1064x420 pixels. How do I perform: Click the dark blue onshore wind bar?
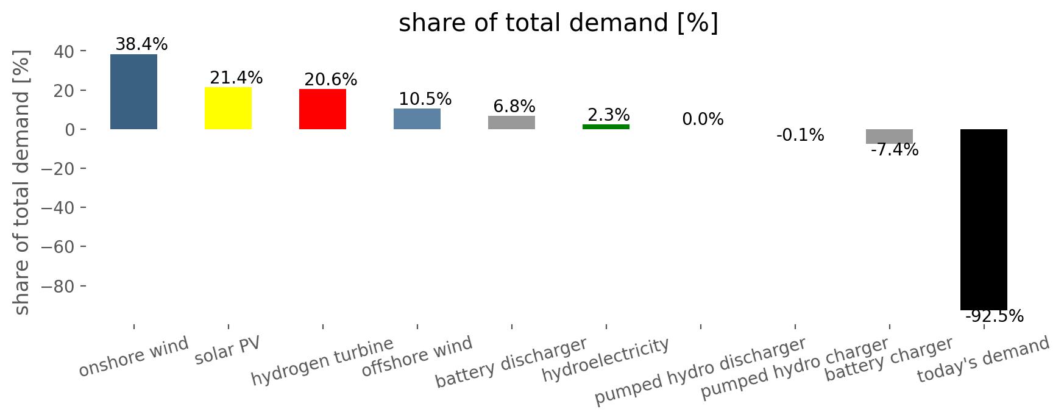(x=133, y=91)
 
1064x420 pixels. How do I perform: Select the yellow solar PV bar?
(x=228, y=108)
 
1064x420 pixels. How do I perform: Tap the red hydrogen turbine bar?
(x=322, y=109)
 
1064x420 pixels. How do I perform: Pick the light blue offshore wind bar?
(x=417, y=119)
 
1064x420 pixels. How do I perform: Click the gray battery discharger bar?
(x=511, y=123)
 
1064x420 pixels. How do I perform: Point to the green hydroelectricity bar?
(x=606, y=127)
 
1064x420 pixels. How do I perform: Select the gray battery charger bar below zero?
(x=889, y=137)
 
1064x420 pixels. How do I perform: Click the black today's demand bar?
(x=984, y=219)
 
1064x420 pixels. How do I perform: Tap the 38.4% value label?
(x=141, y=44)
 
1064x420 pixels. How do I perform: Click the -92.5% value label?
(x=995, y=316)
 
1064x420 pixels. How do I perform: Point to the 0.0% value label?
(x=703, y=119)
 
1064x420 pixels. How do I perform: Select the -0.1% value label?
(x=800, y=135)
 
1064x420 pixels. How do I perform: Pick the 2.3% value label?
(x=609, y=115)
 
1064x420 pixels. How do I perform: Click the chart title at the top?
(x=558, y=24)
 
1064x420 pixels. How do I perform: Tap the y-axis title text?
(x=22, y=183)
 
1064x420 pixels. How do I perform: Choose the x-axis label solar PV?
(x=228, y=351)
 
